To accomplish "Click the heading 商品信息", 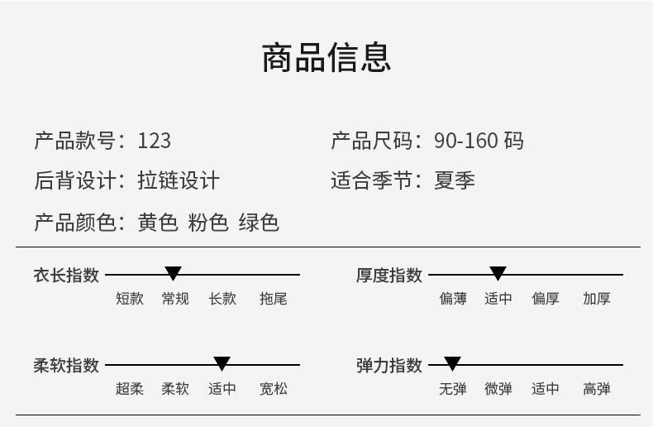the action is coord(326,57).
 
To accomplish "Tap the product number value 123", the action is coord(154,141).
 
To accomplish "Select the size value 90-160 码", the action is coord(479,141).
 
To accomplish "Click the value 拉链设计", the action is coord(179,180).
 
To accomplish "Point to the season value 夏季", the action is coord(455,180).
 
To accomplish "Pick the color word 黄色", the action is coord(158,223).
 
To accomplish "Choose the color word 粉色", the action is coord(208,223).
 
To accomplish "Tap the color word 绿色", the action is coord(259,223).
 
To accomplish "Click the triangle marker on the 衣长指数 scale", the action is coord(173,273).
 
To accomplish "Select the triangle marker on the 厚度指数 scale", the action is coord(498,273).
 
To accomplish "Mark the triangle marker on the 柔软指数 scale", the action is coord(222,363).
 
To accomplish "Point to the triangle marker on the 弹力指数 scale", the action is coord(452,363).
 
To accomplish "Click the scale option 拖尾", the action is coord(274,299).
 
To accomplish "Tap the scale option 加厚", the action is coord(596,299).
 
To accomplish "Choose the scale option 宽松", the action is coord(274,389).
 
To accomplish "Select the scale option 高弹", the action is coord(596,389).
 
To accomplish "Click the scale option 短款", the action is coord(130,299).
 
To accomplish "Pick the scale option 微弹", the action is coord(498,389).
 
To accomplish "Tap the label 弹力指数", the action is coord(389,365).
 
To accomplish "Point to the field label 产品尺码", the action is coord(372,141).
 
